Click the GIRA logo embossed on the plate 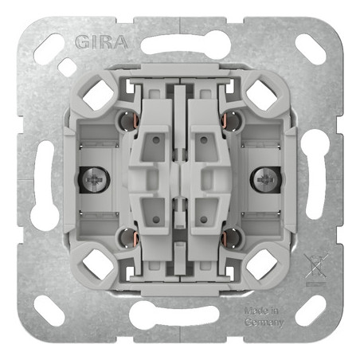pos(101,42)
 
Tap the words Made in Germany pos(264,316)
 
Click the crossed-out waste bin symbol pos(316,267)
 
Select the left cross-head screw pos(94,180)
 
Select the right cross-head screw pos(266,180)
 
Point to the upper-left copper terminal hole pos(128,122)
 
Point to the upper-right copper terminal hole pos(232,122)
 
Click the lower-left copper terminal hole pos(128,238)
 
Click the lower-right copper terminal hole pos(232,238)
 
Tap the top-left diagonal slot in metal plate pos(49,49)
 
